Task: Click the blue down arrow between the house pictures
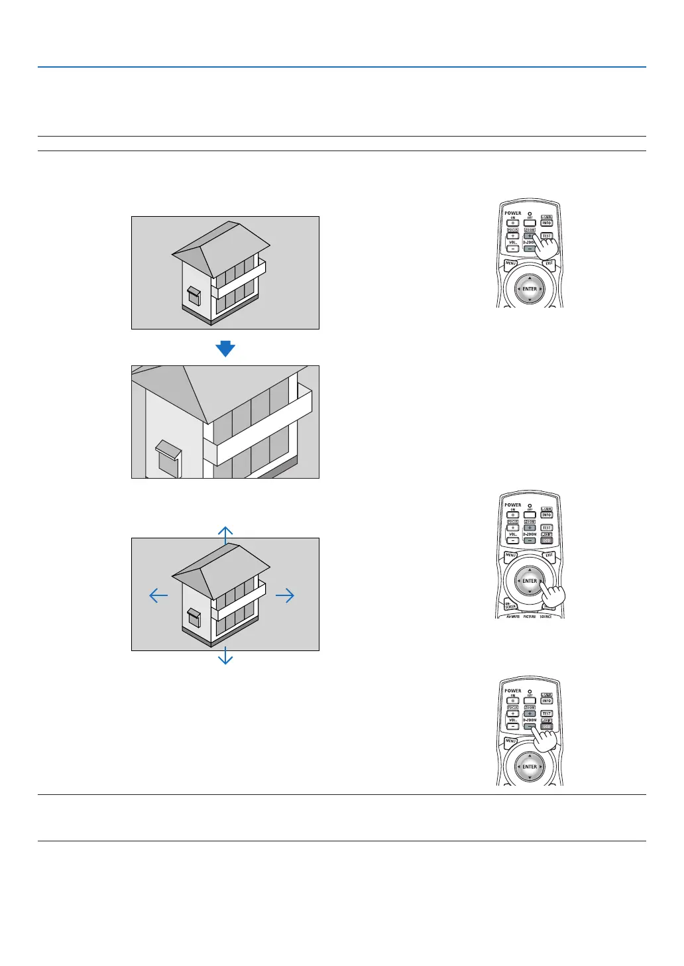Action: (225, 348)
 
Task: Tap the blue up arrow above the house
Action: (225, 534)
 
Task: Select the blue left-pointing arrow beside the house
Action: (158, 595)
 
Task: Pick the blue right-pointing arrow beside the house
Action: (285, 595)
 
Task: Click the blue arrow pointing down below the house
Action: (225, 656)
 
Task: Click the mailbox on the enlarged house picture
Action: (168, 457)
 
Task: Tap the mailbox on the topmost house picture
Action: (194, 294)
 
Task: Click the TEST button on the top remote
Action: (547, 236)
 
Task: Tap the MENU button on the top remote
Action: (511, 264)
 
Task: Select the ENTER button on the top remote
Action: (530, 289)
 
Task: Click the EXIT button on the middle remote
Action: (549, 556)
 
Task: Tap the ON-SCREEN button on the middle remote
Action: (510, 605)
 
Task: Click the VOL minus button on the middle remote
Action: (513, 540)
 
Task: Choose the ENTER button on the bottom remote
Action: (530, 766)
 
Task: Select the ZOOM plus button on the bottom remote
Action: (530, 713)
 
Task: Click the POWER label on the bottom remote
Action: (513, 691)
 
